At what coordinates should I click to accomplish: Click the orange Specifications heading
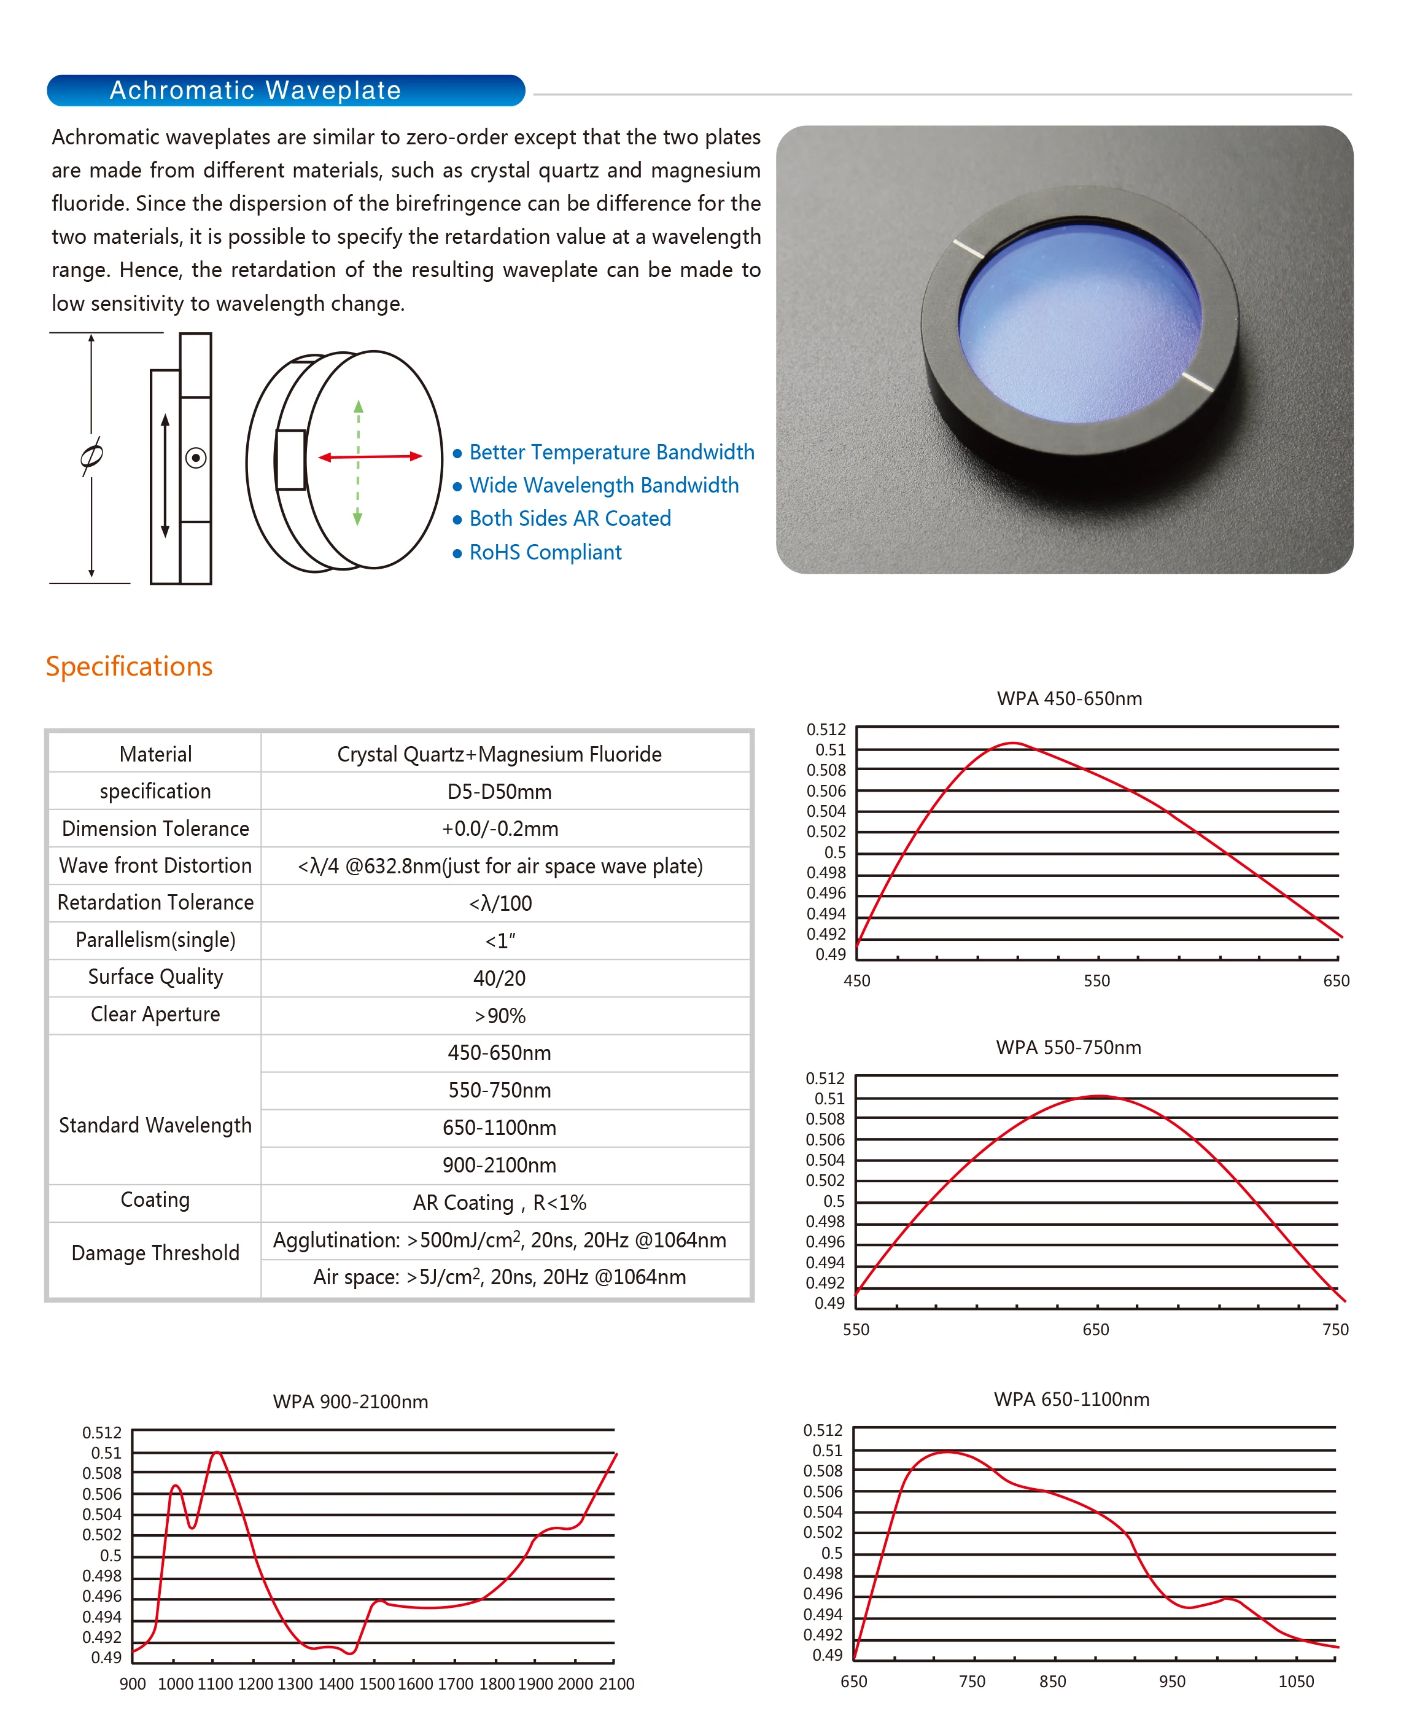click(129, 666)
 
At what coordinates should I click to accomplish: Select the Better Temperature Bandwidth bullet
click(611, 452)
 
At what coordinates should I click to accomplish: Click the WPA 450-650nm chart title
click(1069, 698)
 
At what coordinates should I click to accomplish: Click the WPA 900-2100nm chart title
click(350, 1402)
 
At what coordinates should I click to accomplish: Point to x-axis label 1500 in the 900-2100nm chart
click(376, 1684)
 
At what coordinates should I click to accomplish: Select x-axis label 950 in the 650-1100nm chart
click(1172, 1682)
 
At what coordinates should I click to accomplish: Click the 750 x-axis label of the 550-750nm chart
click(1335, 1330)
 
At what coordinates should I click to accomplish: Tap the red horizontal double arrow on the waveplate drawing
click(370, 457)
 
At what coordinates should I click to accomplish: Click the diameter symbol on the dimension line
click(91, 456)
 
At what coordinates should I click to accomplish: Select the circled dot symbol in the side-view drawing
click(195, 458)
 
